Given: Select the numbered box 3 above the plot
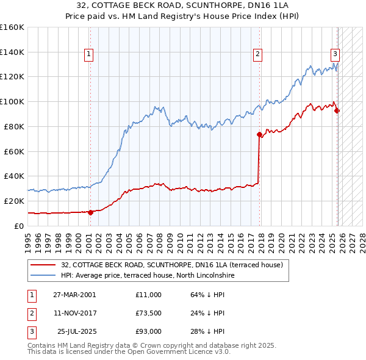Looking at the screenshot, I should pyautogui.click(x=335, y=54).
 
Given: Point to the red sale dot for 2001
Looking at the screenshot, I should pyautogui.click(x=90, y=212).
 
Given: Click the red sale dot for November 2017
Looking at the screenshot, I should pyautogui.click(x=259, y=134).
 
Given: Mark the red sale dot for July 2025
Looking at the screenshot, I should pyautogui.click(x=337, y=110).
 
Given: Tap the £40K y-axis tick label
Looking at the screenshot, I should pyautogui.click(x=13, y=176).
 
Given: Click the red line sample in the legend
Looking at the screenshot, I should pyautogui.click(x=43, y=265).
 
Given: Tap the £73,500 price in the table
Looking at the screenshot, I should pyautogui.click(x=149, y=313).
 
